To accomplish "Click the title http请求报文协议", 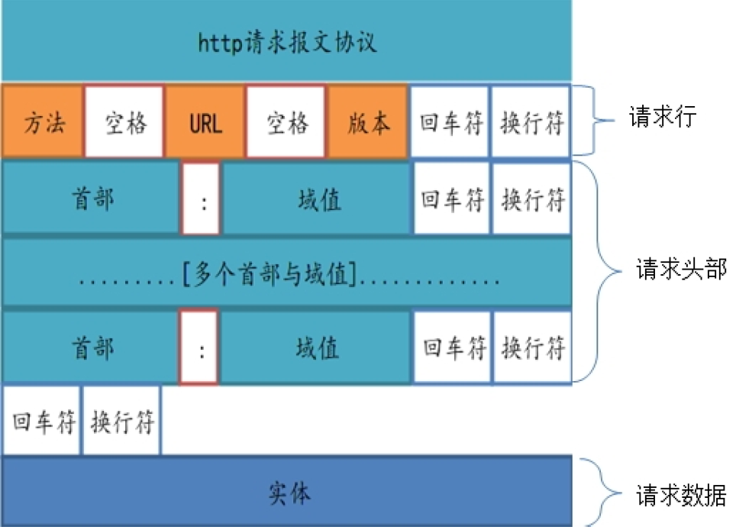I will coord(287,41).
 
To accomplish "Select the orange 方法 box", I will coord(43,122).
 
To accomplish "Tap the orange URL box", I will coord(205,122).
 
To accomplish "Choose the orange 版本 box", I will coord(368,122).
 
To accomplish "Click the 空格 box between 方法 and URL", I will coord(124,122).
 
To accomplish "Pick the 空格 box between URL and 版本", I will coord(287,122).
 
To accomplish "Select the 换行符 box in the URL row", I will coord(532,122).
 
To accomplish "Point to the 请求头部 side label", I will coord(680,270).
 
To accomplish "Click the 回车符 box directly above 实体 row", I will coord(44,422).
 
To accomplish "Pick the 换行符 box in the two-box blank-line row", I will coord(122,422).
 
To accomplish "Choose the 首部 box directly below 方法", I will coord(92,199).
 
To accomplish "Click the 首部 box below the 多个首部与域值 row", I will coord(92,347).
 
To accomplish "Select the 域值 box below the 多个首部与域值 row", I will coord(318,347).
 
